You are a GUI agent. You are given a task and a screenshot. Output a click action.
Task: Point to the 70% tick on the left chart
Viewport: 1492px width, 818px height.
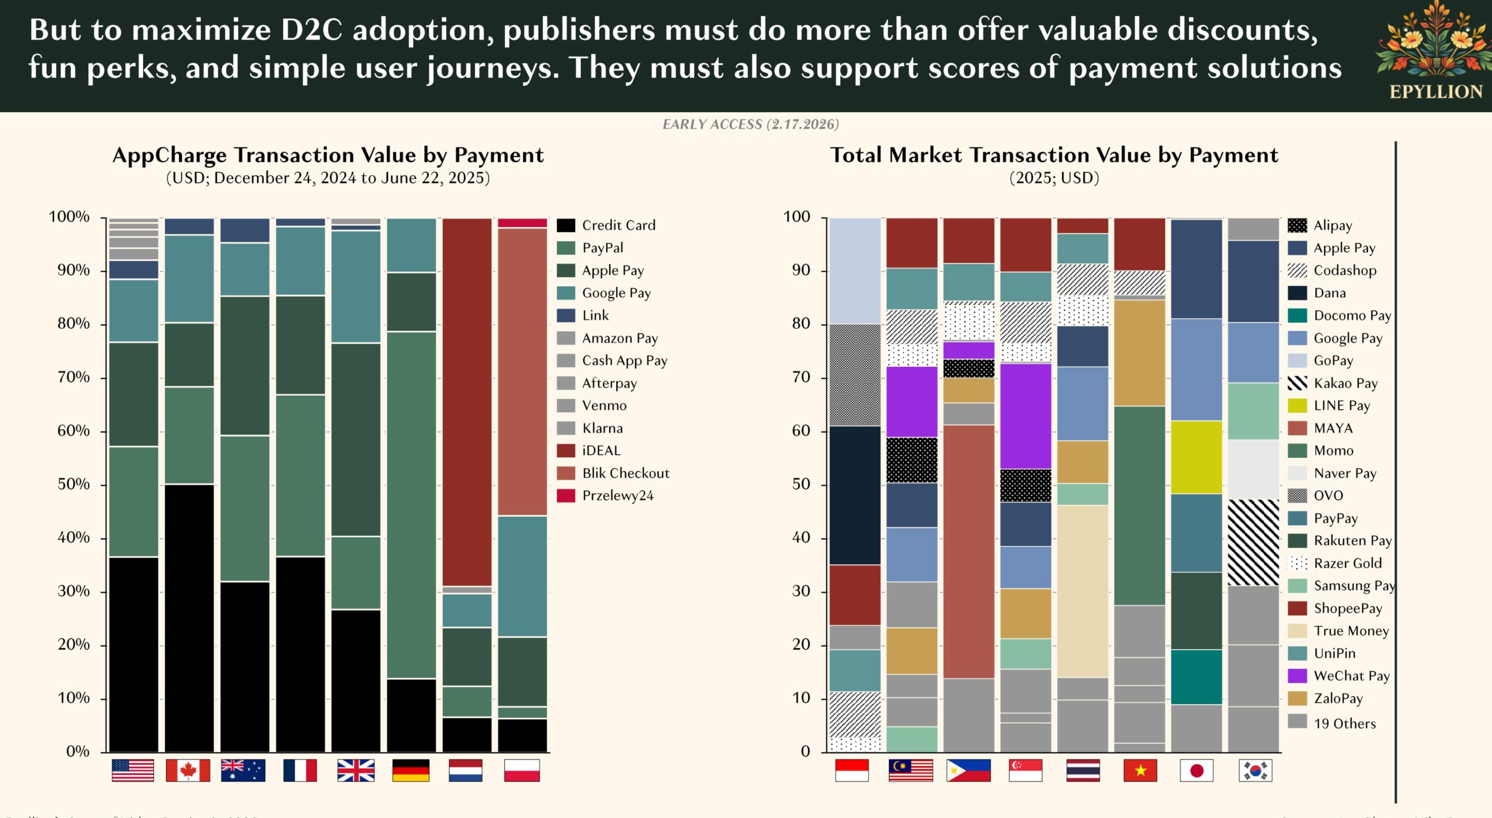click(x=73, y=378)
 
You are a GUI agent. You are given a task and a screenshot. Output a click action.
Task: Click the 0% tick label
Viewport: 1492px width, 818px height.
click(x=78, y=751)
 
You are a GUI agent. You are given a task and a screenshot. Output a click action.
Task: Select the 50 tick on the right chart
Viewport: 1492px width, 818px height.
click(x=801, y=484)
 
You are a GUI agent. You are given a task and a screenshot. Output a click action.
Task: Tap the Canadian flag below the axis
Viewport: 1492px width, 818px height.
click(x=188, y=771)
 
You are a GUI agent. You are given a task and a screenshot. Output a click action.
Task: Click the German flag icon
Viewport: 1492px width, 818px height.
click(x=411, y=771)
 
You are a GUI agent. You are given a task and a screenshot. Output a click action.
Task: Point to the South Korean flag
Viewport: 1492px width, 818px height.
click(x=1255, y=771)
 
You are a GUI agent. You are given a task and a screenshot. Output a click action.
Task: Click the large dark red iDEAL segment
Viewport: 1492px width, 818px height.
click(x=467, y=402)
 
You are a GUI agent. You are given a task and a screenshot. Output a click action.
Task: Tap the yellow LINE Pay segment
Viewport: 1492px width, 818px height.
click(x=1196, y=457)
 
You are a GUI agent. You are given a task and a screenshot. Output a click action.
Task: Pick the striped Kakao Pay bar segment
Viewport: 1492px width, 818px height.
click(x=1253, y=543)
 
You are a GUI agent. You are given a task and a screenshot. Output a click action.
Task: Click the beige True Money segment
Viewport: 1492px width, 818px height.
click(x=1082, y=591)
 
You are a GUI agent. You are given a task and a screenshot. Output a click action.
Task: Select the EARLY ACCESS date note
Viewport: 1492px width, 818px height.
click(x=751, y=125)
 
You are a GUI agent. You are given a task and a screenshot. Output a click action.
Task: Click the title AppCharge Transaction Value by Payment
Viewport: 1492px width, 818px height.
click(x=328, y=155)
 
